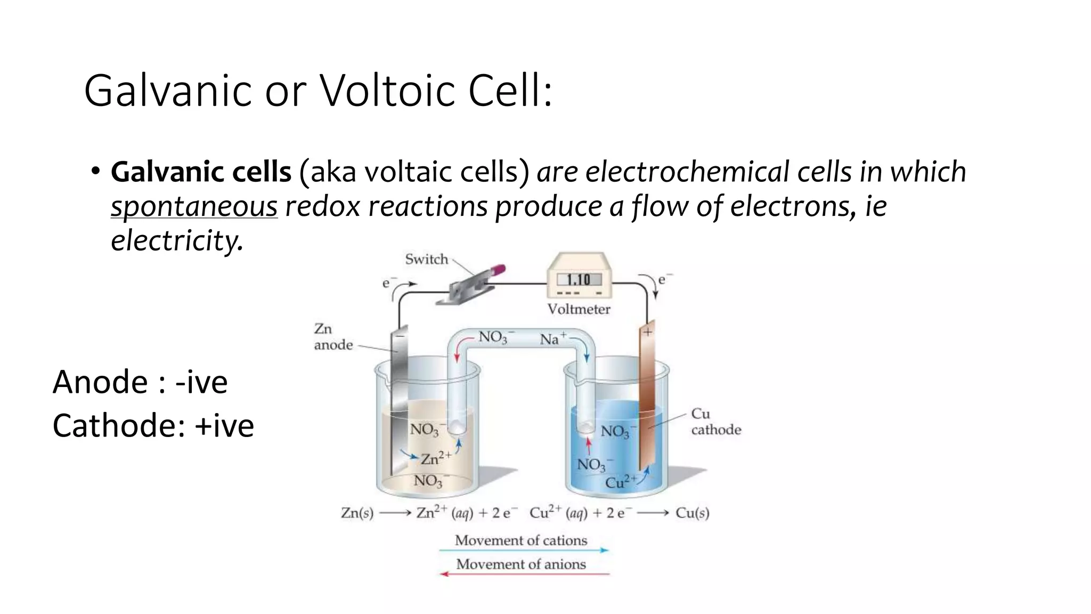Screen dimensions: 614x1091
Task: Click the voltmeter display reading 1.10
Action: click(579, 280)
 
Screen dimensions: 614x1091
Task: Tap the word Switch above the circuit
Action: click(426, 260)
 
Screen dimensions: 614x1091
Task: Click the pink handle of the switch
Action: click(498, 270)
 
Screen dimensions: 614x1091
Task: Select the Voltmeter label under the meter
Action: click(579, 309)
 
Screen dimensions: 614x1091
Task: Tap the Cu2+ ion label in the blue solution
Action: click(621, 482)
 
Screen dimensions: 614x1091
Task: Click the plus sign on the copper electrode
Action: click(647, 332)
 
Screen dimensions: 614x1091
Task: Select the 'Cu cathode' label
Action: click(715, 422)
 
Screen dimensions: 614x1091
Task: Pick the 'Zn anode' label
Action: click(333, 337)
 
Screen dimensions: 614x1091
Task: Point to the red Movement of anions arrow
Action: click(524, 574)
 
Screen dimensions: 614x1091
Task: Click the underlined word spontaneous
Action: click(194, 207)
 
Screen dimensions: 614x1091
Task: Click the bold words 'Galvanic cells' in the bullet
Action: click(201, 172)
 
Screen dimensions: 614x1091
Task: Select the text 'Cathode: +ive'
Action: click(153, 426)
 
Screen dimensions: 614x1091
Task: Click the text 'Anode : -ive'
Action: click(140, 382)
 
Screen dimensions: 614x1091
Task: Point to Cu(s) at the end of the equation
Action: click(692, 513)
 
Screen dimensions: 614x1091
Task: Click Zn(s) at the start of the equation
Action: click(357, 513)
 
